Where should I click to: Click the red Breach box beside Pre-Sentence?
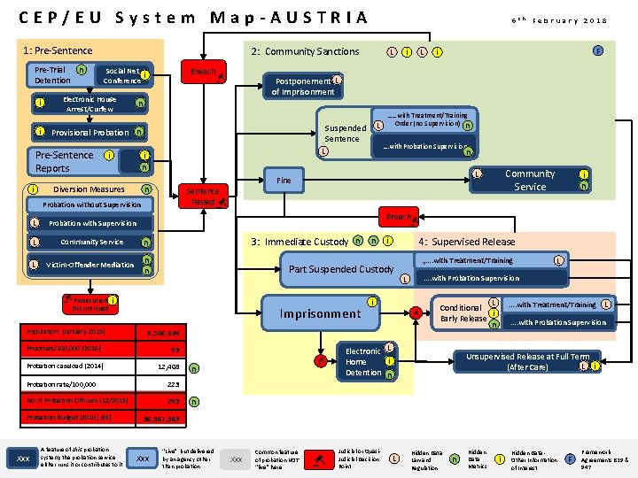tap(204, 72)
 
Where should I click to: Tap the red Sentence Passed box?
tap(203, 196)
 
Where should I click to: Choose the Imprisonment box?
tap(320, 313)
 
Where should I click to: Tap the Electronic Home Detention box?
tap(362, 361)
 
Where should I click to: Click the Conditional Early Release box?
tap(463, 313)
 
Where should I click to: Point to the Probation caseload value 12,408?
tap(168, 366)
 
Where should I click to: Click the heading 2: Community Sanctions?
tap(305, 51)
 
